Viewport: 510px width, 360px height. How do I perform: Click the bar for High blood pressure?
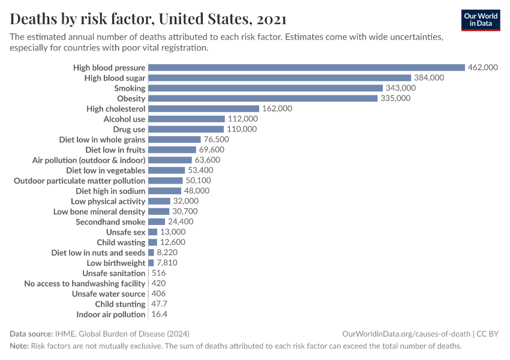click(306, 68)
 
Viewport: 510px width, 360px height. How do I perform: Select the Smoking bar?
click(265, 88)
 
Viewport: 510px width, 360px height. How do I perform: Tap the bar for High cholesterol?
click(203, 109)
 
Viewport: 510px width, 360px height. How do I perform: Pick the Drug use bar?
click(185, 129)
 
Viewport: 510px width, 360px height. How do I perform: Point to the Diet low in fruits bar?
click(172, 149)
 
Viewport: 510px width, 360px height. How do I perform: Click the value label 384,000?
click(429, 78)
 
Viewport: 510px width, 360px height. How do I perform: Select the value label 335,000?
click(395, 98)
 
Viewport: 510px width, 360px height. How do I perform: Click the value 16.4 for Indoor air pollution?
click(159, 314)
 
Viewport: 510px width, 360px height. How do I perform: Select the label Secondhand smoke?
click(110, 222)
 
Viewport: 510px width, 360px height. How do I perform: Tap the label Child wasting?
click(121, 242)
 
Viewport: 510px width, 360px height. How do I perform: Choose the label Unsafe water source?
click(109, 294)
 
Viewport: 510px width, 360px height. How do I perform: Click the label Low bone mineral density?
click(99, 212)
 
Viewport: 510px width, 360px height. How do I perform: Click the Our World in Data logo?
click(481, 20)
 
